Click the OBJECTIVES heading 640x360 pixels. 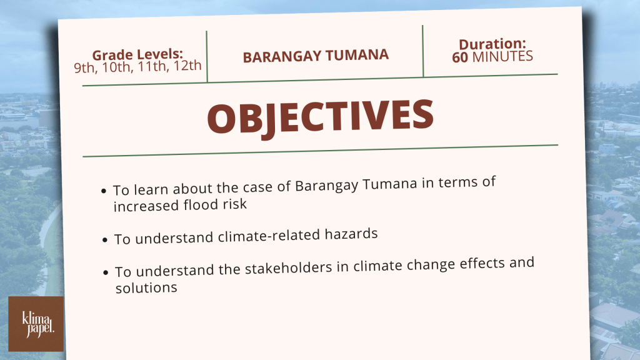pyautogui.click(x=321, y=117)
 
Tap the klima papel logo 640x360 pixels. pyautogui.click(x=36, y=324)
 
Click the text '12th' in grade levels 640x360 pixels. pyautogui.click(x=187, y=65)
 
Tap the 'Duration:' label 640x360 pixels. pyautogui.click(x=492, y=44)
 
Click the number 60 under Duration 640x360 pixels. pyautogui.click(x=460, y=57)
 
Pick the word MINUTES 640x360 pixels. pyautogui.click(x=503, y=56)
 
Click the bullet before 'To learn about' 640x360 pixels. pyautogui.click(x=104, y=191)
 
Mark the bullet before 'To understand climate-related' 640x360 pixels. pyautogui.click(x=105, y=239)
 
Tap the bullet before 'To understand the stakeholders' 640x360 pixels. pyautogui.click(x=106, y=272)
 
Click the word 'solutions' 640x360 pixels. pyautogui.click(x=146, y=287)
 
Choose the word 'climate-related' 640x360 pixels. pyautogui.click(x=269, y=236)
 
